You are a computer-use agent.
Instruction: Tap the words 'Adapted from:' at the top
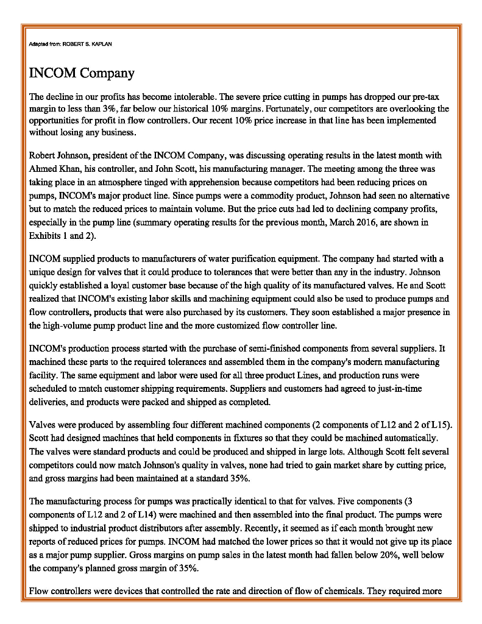click(x=45, y=44)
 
